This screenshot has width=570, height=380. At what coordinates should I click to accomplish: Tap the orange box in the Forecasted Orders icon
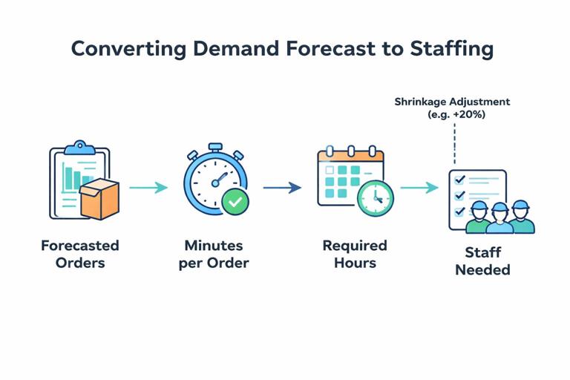99,199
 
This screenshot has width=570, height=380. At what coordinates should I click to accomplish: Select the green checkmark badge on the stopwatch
235,200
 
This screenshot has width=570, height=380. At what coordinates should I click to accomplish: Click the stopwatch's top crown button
215,148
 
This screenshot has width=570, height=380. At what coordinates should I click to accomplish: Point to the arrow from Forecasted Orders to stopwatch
148,187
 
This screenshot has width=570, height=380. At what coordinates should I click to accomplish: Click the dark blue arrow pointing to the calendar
282,187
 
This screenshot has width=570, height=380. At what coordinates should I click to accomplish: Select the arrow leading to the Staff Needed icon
419,187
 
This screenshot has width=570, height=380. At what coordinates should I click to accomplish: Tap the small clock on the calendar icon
376,197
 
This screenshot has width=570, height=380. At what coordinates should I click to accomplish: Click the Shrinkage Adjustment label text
452,102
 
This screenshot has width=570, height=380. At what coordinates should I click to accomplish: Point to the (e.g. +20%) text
456,114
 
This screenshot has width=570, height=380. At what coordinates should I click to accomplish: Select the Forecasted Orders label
80,254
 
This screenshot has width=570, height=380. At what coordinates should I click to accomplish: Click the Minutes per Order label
214,254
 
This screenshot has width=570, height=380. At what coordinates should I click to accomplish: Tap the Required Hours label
355,254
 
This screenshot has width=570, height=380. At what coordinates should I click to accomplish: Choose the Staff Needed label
482,261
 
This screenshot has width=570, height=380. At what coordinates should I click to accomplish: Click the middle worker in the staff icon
499,218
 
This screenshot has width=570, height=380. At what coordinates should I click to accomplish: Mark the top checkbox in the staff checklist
459,180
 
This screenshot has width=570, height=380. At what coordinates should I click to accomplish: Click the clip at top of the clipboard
79,147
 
